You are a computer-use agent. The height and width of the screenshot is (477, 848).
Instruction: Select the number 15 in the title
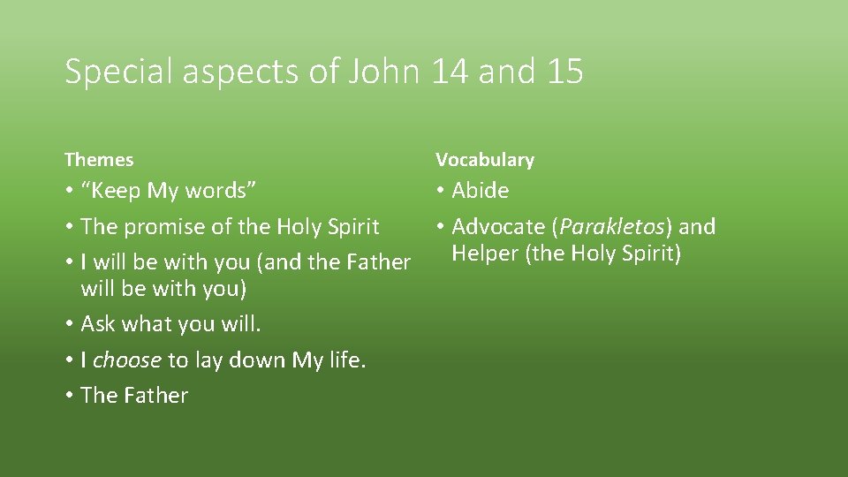point(564,72)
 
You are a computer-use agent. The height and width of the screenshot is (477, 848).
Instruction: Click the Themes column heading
point(99,160)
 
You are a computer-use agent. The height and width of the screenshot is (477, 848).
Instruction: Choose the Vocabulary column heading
point(485,160)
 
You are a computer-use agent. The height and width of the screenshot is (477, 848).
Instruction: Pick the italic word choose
point(127,360)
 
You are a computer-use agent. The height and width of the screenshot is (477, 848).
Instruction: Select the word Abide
point(481,191)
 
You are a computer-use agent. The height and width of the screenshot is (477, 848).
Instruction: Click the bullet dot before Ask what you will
point(69,325)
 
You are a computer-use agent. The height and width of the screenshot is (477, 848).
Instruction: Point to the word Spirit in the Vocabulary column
point(650,254)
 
